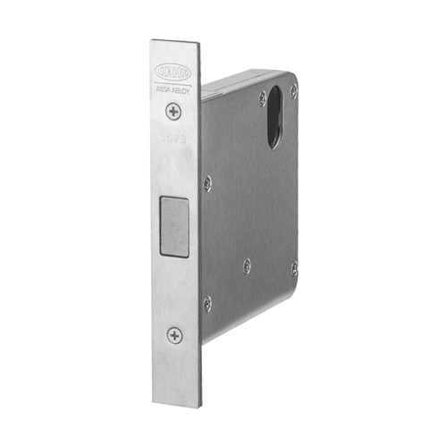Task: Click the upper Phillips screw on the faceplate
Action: pyautogui.click(x=173, y=112)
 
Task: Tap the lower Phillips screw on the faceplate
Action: pyautogui.click(x=174, y=335)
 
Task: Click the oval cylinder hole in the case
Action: pyautogui.click(x=276, y=115)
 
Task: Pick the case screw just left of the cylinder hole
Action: pyautogui.click(x=261, y=98)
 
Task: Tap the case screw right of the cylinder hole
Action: pyautogui.click(x=294, y=90)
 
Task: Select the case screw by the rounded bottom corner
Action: pyautogui.click(x=294, y=267)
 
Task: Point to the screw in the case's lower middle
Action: pyautogui.click(x=248, y=266)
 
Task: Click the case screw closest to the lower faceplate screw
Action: pyautogui.click(x=207, y=304)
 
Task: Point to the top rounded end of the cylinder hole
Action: pyautogui.click(x=278, y=89)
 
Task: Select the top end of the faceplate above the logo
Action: pyautogui.click(x=173, y=45)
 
